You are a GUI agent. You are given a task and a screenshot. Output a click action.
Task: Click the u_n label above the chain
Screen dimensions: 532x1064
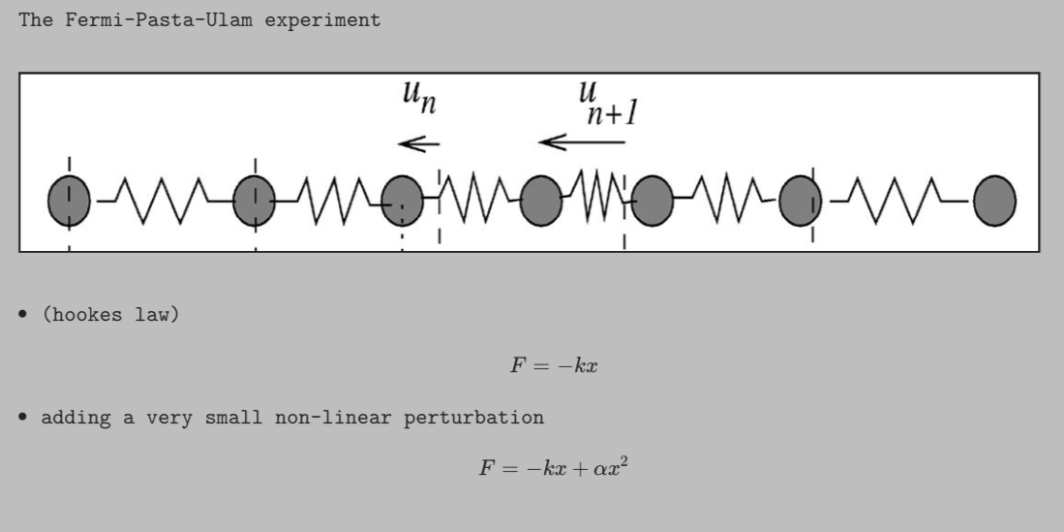coord(418,98)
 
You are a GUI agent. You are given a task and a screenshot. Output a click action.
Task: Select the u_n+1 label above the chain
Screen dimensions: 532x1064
coord(606,103)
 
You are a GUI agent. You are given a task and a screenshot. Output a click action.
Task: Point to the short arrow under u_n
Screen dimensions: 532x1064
coord(418,144)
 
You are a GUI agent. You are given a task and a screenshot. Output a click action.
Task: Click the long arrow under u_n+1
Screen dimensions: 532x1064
coord(581,142)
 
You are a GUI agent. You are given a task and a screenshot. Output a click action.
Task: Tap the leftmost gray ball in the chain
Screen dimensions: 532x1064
coord(69,202)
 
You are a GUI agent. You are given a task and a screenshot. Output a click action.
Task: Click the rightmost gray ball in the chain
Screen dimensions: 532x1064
coord(994,202)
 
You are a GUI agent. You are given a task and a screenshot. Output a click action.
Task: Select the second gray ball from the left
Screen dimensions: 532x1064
coord(255,202)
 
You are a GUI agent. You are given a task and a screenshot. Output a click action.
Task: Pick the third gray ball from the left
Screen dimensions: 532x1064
coord(402,202)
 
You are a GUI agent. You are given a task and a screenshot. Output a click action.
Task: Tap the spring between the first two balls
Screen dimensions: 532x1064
coord(162,201)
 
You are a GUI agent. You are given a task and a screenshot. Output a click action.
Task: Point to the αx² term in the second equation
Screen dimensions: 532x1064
coord(613,469)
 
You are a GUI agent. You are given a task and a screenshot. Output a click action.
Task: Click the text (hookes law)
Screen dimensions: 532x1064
coord(110,316)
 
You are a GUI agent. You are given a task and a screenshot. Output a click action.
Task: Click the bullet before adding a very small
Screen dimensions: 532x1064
coord(22,419)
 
